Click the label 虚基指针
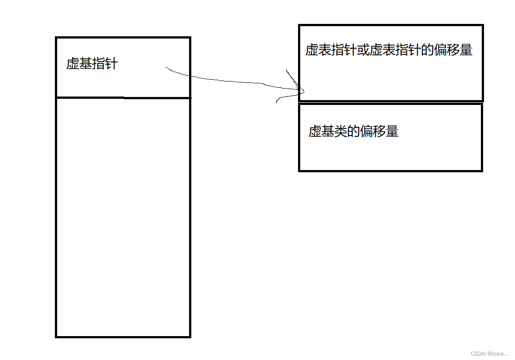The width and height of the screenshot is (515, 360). point(92,64)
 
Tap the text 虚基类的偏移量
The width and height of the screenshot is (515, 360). point(353,132)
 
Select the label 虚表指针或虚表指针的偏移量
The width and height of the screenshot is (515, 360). point(389,50)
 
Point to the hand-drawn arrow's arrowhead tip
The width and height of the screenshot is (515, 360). point(304,92)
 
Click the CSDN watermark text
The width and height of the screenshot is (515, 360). point(489,353)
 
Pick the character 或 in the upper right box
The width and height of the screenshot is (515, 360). point(363,50)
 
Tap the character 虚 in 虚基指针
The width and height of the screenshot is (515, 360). point(73,64)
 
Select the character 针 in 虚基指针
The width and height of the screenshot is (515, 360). point(112,64)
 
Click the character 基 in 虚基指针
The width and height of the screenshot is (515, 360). point(85,64)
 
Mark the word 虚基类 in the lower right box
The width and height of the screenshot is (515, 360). point(328,132)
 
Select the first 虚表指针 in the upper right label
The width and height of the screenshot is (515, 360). point(331,50)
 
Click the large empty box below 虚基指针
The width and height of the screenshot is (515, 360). point(123,217)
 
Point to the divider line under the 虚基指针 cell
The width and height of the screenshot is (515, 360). point(123,97)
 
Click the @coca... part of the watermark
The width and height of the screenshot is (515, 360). point(498,353)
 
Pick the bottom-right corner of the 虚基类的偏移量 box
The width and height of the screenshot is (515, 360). point(482,170)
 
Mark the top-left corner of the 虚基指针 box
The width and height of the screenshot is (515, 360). point(56,38)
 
